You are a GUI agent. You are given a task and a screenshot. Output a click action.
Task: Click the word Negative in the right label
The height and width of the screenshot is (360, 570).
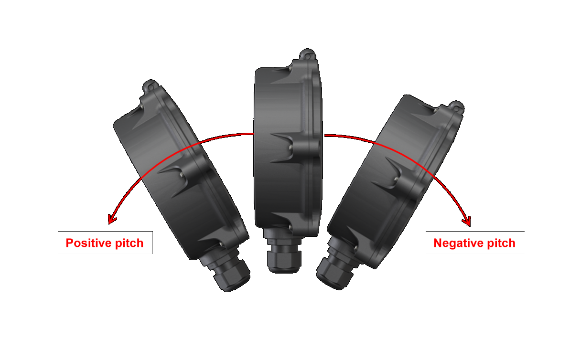[x=458, y=243]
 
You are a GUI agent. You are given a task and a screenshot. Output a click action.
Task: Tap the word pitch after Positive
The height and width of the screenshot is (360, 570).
[x=129, y=244]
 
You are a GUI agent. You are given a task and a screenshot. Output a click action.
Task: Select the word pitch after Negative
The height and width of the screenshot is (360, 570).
[x=501, y=244]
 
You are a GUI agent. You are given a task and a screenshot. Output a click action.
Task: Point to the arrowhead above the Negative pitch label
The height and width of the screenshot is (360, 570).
[x=467, y=221]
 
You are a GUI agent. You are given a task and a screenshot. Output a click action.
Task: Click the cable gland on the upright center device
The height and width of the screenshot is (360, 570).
[x=284, y=254]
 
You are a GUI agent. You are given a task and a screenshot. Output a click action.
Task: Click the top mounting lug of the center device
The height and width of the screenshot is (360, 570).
[x=308, y=54]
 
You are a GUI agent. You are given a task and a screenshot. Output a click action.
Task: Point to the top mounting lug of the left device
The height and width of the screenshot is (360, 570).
[x=150, y=86]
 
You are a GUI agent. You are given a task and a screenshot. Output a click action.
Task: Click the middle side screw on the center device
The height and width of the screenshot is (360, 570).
[x=290, y=148]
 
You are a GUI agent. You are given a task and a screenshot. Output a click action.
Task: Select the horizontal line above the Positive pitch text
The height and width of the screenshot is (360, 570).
[x=105, y=231]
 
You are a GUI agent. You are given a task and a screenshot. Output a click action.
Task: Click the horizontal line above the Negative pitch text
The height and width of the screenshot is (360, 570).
[x=475, y=231]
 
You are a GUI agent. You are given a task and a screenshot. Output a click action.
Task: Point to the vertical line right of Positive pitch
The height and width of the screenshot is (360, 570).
[x=153, y=242]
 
